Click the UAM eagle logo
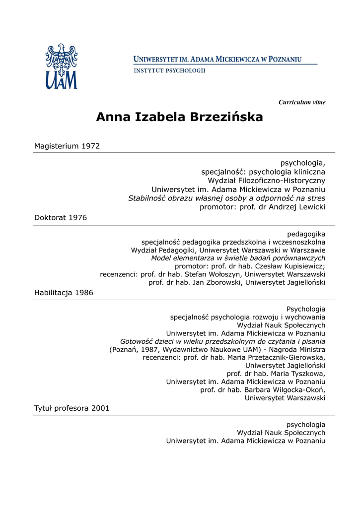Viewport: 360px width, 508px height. point(61,66)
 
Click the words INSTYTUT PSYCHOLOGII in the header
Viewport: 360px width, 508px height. point(169,70)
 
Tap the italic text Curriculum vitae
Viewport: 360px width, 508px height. point(302,102)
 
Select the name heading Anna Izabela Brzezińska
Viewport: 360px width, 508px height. point(179,117)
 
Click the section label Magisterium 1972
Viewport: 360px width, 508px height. point(67,146)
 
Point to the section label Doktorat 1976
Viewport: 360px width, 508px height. point(61,218)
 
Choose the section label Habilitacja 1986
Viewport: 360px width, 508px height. point(64,293)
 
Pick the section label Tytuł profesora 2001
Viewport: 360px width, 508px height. point(72,408)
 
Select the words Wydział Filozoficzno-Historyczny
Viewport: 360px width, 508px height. point(266,180)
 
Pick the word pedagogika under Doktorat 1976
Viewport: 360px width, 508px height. point(306,234)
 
